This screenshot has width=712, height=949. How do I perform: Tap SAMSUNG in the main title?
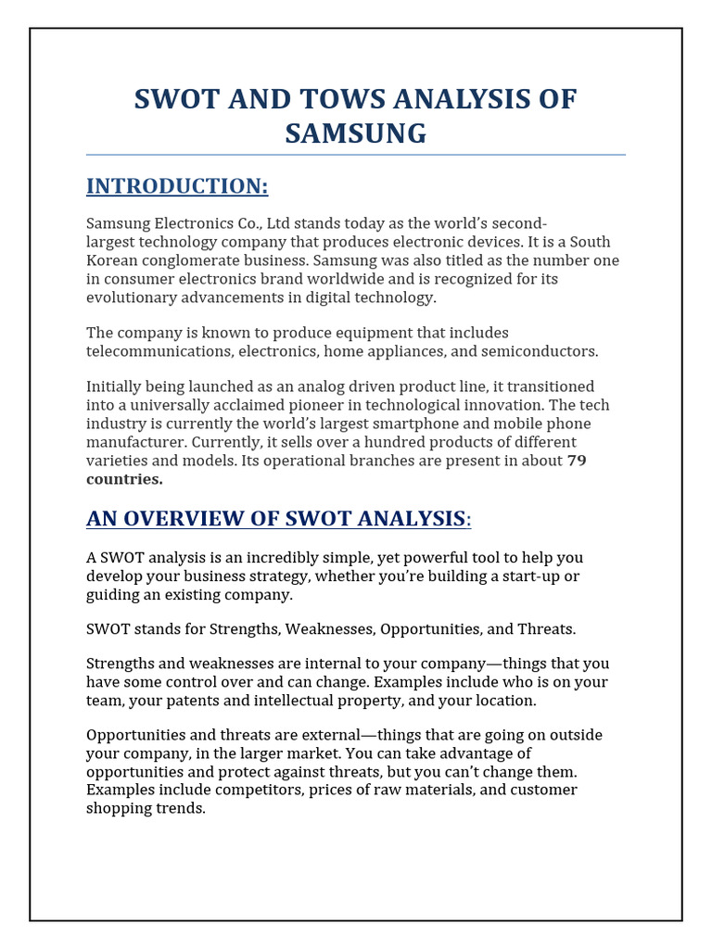click(356, 133)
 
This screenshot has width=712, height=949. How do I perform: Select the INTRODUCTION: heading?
click(177, 186)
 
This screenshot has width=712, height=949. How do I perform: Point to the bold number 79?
click(577, 461)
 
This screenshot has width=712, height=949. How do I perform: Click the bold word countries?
click(124, 479)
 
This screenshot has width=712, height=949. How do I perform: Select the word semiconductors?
click(549, 351)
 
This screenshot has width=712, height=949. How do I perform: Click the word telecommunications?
click(159, 351)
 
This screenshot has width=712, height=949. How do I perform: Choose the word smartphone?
click(401, 424)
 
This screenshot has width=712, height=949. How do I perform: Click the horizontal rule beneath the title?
click(356, 155)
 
